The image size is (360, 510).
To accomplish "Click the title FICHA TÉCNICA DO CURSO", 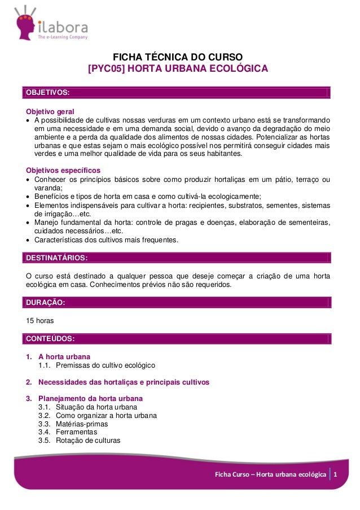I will (x=178, y=57).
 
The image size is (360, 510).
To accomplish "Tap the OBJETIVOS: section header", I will (x=46, y=92).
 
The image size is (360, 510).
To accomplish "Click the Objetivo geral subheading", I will (x=51, y=111).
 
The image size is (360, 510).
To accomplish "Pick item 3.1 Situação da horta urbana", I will (x=95, y=407).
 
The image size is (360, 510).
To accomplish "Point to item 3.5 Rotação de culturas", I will (x=87, y=441).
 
